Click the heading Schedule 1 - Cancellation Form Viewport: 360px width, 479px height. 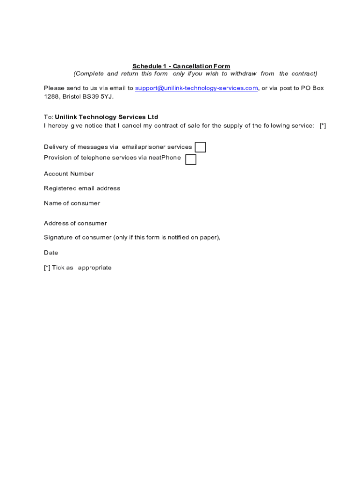coord(181,66)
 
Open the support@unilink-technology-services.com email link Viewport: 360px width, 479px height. coord(196,88)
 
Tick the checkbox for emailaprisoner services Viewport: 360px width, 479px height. coord(200,147)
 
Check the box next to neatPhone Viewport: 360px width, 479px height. coord(191,160)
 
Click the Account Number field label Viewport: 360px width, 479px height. coord(69,174)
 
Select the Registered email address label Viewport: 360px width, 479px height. coord(82,189)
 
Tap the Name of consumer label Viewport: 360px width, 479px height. coord(72,203)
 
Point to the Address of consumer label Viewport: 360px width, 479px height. coord(75,224)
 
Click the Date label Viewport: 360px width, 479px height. coord(51,253)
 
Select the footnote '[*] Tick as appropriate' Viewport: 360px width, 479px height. coord(78,268)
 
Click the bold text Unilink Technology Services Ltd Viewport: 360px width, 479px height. coord(107,117)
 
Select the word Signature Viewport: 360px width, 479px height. coord(58,238)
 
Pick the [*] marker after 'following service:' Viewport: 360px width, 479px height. coord(323,126)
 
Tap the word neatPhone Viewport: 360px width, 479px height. coord(165,158)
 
